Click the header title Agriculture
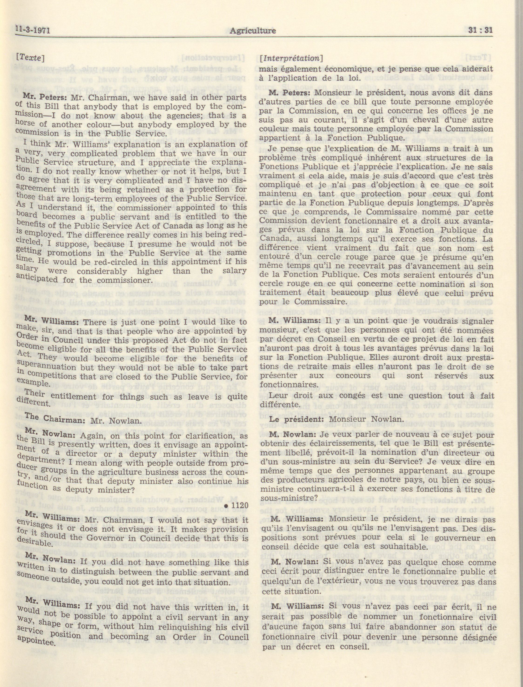point(253,30)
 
